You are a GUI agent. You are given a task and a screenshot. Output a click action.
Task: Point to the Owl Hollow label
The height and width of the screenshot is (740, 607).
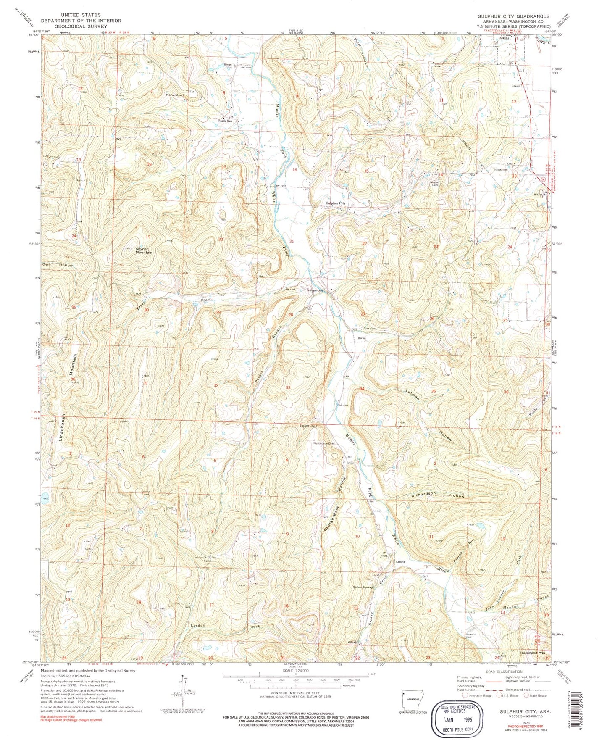click(x=58, y=265)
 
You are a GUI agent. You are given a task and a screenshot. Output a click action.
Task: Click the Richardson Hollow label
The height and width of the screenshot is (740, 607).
click(x=437, y=495)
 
